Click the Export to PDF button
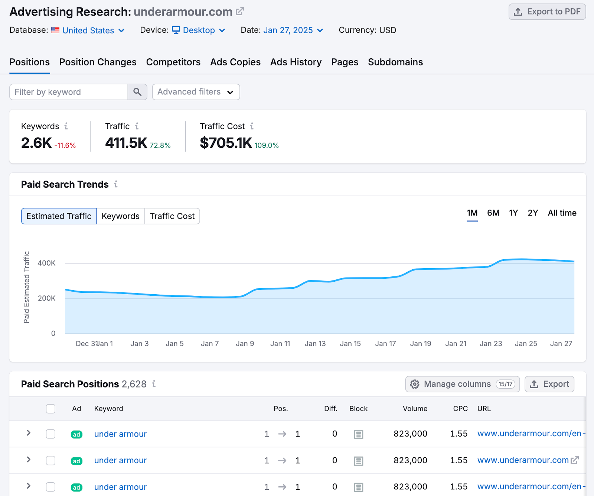click(x=547, y=12)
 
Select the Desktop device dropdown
click(x=199, y=30)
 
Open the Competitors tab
click(x=173, y=62)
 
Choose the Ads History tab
click(x=296, y=62)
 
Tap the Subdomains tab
click(x=395, y=62)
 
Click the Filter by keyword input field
click(x=69, y=92)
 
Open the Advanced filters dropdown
click(x=196, y=92)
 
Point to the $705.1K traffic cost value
click(x=226, y=143)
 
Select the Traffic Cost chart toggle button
click(x=172, y=216)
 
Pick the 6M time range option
click(x=493, y=213)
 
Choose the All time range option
click(x=562, y=213)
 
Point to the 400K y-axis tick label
click(x=47, y=263)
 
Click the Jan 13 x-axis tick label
click(x=315, y=344)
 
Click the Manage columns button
click(x=462, y=384)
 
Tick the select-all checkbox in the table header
click(x=51, y=409)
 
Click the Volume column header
click(x=415, y=409)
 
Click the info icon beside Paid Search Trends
click(x=116, y=184)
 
